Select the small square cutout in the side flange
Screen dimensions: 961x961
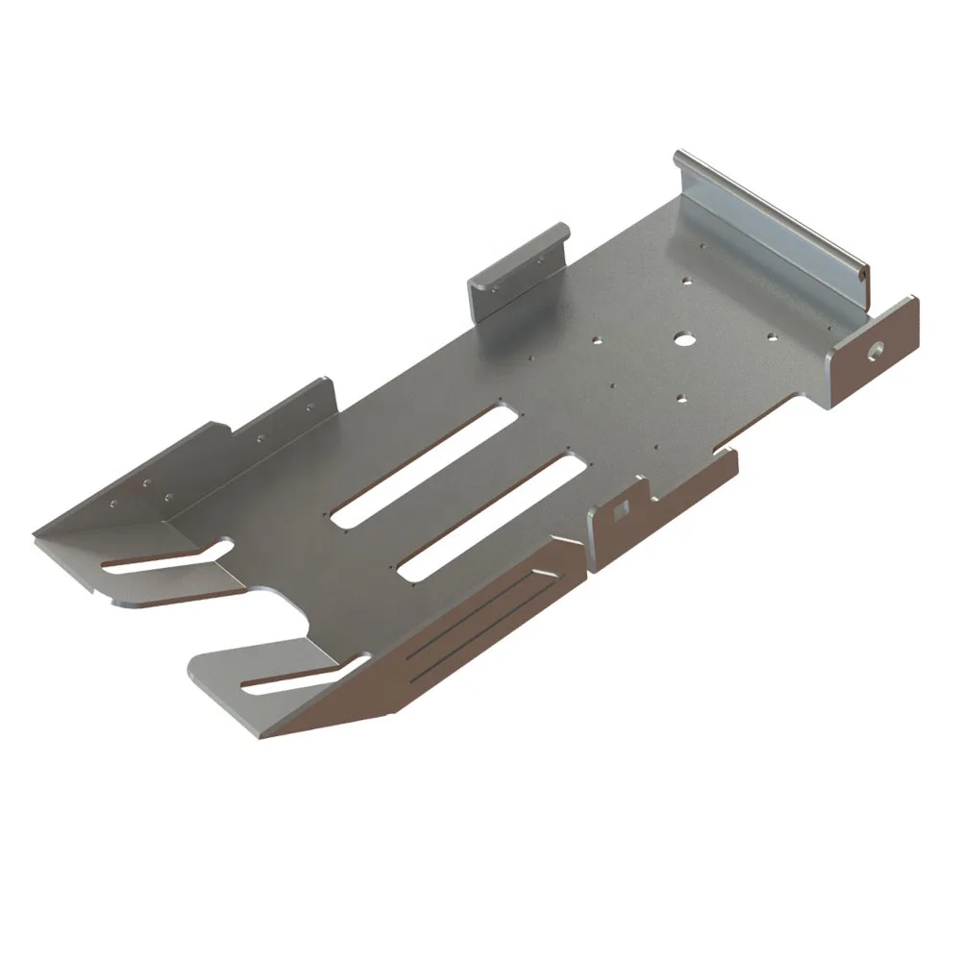pyautogui.click(x=623, y=505)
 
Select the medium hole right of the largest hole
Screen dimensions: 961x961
pyautogui.click(x=772, y=338)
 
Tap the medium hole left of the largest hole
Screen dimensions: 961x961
pyautogui.click(x=597, y=339)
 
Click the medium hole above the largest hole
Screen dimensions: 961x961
pyautogui.click(x=687, y=283)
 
